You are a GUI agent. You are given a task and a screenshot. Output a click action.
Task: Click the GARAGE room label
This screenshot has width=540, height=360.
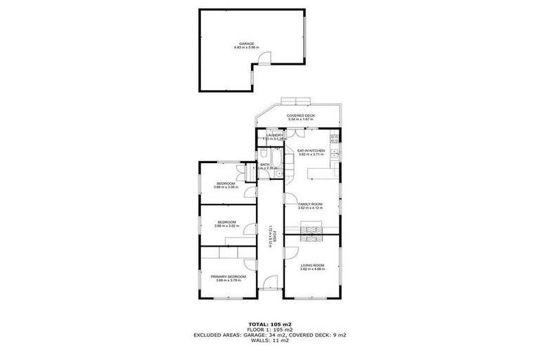point(246,43)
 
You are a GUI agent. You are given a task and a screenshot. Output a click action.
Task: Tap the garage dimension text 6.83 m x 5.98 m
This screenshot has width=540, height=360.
point(246,48)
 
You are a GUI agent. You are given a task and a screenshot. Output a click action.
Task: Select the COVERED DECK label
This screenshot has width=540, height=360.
point(300,115)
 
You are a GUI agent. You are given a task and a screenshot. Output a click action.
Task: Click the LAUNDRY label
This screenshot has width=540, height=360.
point(274,135)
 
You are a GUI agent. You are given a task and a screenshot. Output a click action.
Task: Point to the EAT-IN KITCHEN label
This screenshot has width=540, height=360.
point(310,150)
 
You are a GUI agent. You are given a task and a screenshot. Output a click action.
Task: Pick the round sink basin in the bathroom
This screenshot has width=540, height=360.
point(279,174)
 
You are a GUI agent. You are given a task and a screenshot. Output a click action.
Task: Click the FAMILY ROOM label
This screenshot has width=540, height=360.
point(310,205)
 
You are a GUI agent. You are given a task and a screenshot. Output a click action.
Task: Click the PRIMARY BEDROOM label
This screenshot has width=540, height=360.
point(228,276)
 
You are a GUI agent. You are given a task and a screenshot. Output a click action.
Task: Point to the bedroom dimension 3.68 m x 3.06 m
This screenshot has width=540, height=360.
point(226,188)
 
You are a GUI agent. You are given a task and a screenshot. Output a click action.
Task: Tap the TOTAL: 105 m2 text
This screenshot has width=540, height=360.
point(270,324)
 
